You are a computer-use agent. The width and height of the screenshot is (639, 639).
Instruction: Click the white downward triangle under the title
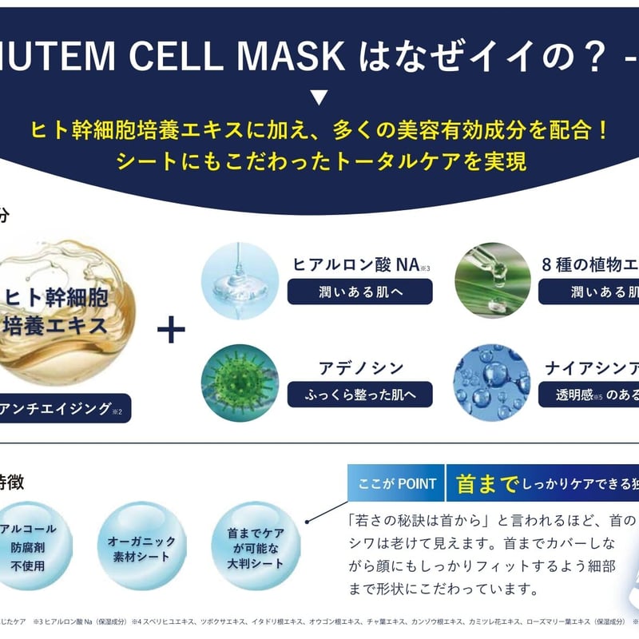pos(319,99)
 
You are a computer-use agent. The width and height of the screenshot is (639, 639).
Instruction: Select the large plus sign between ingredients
pos(171,330)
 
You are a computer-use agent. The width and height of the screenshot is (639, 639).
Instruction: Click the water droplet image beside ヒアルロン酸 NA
pos(240,281)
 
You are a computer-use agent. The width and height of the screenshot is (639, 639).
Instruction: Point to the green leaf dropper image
pos(492,281)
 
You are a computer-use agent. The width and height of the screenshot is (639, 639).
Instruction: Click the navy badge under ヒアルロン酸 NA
pos(359,292)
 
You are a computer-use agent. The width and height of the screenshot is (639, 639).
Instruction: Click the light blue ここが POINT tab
pos(396,484)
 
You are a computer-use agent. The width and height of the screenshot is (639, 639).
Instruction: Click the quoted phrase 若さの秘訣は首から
pos(419,521)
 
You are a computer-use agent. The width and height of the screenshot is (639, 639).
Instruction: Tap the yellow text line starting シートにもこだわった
pos(319,161)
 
